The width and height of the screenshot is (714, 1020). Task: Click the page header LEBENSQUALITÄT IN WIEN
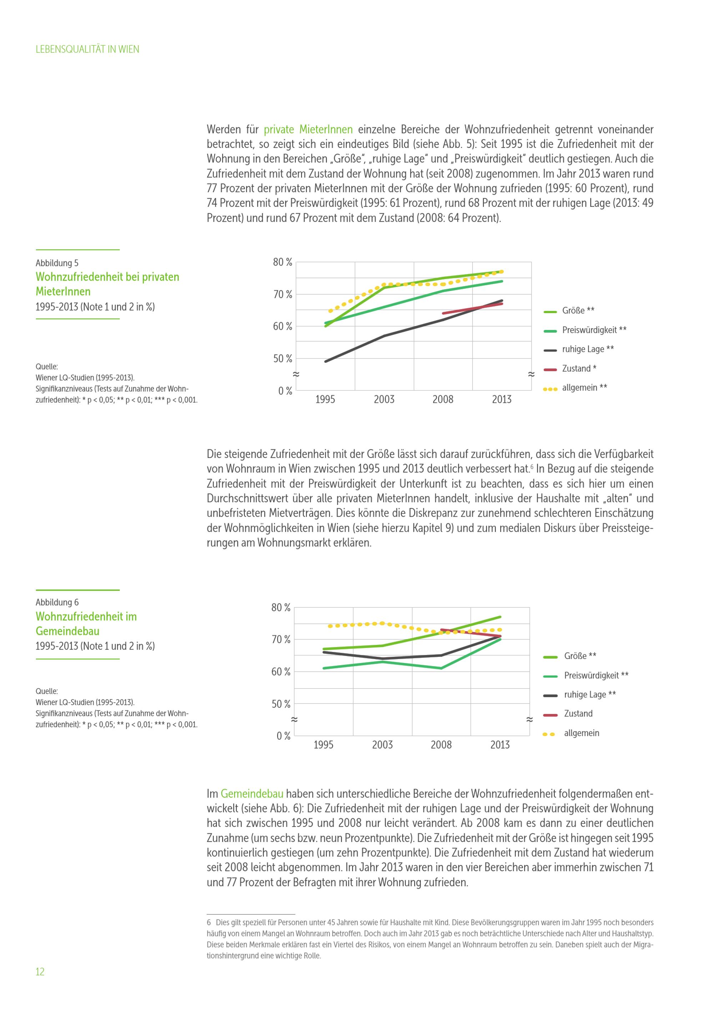pyautogui.click(x=87, y=49)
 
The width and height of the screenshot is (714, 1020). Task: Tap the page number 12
pyautogui.click(x=40, y=971)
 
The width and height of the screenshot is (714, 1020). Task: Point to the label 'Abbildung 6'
pyautogui.click(x=57, y=602)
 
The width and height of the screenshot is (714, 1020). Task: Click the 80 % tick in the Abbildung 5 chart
pyautogui.click(x=282, y=262)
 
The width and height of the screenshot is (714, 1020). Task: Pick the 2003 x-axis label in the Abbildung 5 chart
pyautogui.click(x=384, y=399)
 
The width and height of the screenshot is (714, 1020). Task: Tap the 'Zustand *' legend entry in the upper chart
pyautogui.click(x=579, y=368)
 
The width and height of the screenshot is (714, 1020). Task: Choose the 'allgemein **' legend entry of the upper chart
pyautogui.click(x=584, y=387)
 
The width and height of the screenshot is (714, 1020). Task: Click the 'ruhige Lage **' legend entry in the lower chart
pyautogui.click(x=589, y=694)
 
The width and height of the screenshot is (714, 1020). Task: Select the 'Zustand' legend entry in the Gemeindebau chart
pyautogui.click(x=578, y=714)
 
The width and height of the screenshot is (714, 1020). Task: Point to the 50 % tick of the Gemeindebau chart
pyautogui.click(x=281, y=704)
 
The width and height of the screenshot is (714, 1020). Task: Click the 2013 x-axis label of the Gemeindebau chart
pyautogui.click(x=500, y=745)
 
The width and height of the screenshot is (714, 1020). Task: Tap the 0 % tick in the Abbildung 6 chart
pyautogui.click(x=283, y=736)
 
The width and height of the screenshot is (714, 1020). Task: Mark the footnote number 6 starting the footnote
pyautogui.click(x=209, y=923)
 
